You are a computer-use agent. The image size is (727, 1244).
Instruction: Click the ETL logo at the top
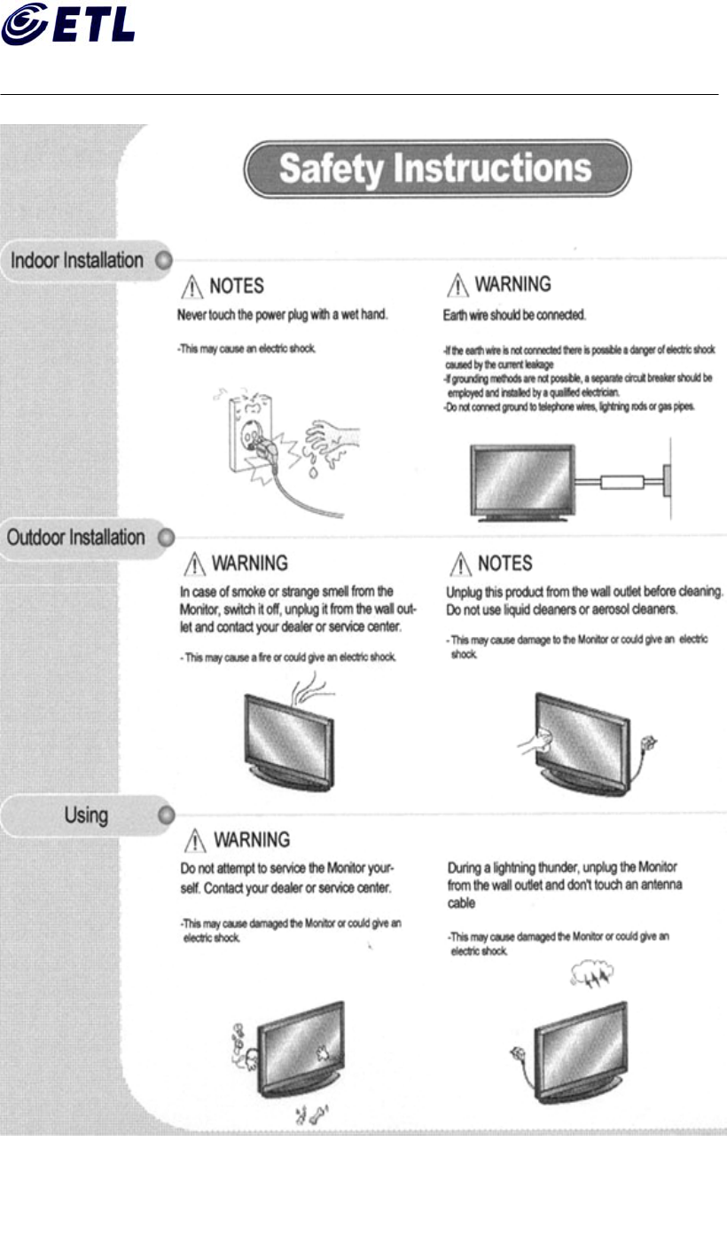pyautogui.click(x=68, y=24)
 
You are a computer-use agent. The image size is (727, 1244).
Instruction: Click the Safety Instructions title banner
pyautogui.click(x=436, y=169)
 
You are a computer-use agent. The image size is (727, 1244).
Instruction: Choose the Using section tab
pyautogui.click(x=85, y=815)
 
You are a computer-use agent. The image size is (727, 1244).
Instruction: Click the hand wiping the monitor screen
pyautogui.click(x=542, y=742)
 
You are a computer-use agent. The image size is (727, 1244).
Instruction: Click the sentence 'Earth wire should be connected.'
pyautogui.click(x=513, y=315)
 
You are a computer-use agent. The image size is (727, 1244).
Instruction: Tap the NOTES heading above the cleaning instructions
pyautogui.click(x=504, y=563)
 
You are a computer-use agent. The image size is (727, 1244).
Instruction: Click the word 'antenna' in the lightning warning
pyautogui.click(x=657, y=886)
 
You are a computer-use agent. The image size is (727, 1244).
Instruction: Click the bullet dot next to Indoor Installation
pyautogui.click(x=162, y=262)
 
